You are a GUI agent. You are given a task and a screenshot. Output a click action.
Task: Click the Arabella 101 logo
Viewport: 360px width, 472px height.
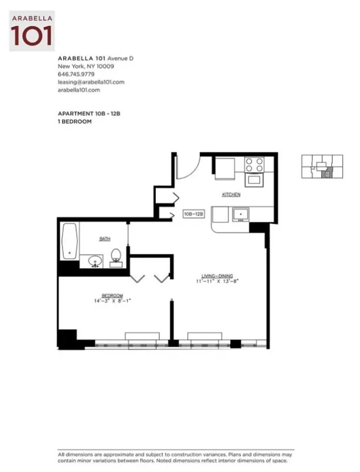(x=32, y=31)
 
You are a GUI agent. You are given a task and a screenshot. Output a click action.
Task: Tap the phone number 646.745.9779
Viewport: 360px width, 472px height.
(x=76, y=74)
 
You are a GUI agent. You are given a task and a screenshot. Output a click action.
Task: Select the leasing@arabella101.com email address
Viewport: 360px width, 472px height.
(x=91, y=82)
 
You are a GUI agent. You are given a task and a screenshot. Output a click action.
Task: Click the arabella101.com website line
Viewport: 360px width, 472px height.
(x=79, y=90)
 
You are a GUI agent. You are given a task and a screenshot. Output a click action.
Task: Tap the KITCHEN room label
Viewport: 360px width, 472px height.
(x=231, y=195)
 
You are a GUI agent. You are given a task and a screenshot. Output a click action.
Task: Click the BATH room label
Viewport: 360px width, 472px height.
(x=104, y=239)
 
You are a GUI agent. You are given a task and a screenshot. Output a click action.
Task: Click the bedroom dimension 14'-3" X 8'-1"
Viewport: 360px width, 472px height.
(x=112, y=301)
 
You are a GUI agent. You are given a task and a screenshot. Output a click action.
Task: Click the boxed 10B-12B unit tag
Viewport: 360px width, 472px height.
(x=194, y=214)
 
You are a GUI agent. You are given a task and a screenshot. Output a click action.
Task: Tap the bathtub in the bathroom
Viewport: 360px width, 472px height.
(x=70, y=242)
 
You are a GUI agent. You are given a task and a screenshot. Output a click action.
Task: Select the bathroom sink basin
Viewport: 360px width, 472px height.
(x=95, y=260)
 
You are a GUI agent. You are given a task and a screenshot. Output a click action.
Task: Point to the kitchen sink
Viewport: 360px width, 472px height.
(x=241, y=214)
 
